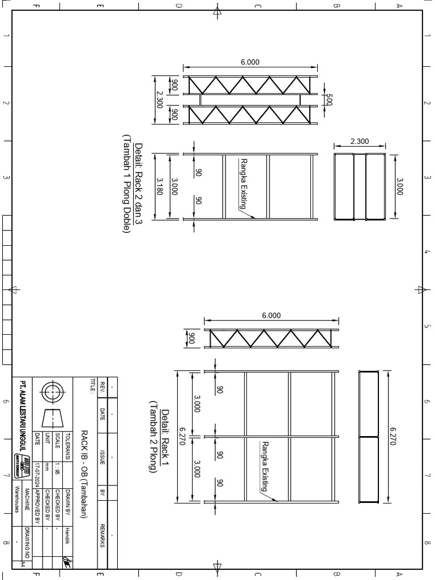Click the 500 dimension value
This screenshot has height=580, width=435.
[329, 99]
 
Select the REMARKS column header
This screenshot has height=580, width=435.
[103, 535]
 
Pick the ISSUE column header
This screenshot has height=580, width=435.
[103, 459]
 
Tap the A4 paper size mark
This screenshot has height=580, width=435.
[23, 564]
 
